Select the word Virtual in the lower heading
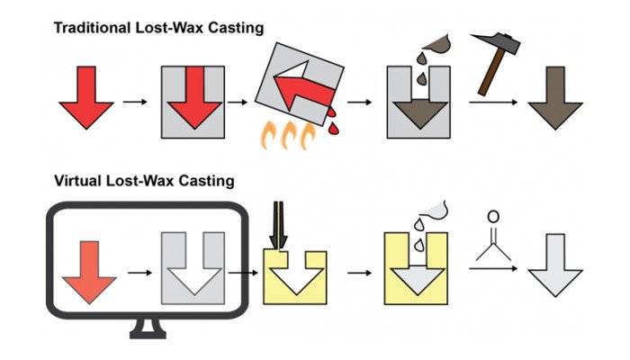(79, 181)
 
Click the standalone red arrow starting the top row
(85, 99)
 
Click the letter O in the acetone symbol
(492, 217)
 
